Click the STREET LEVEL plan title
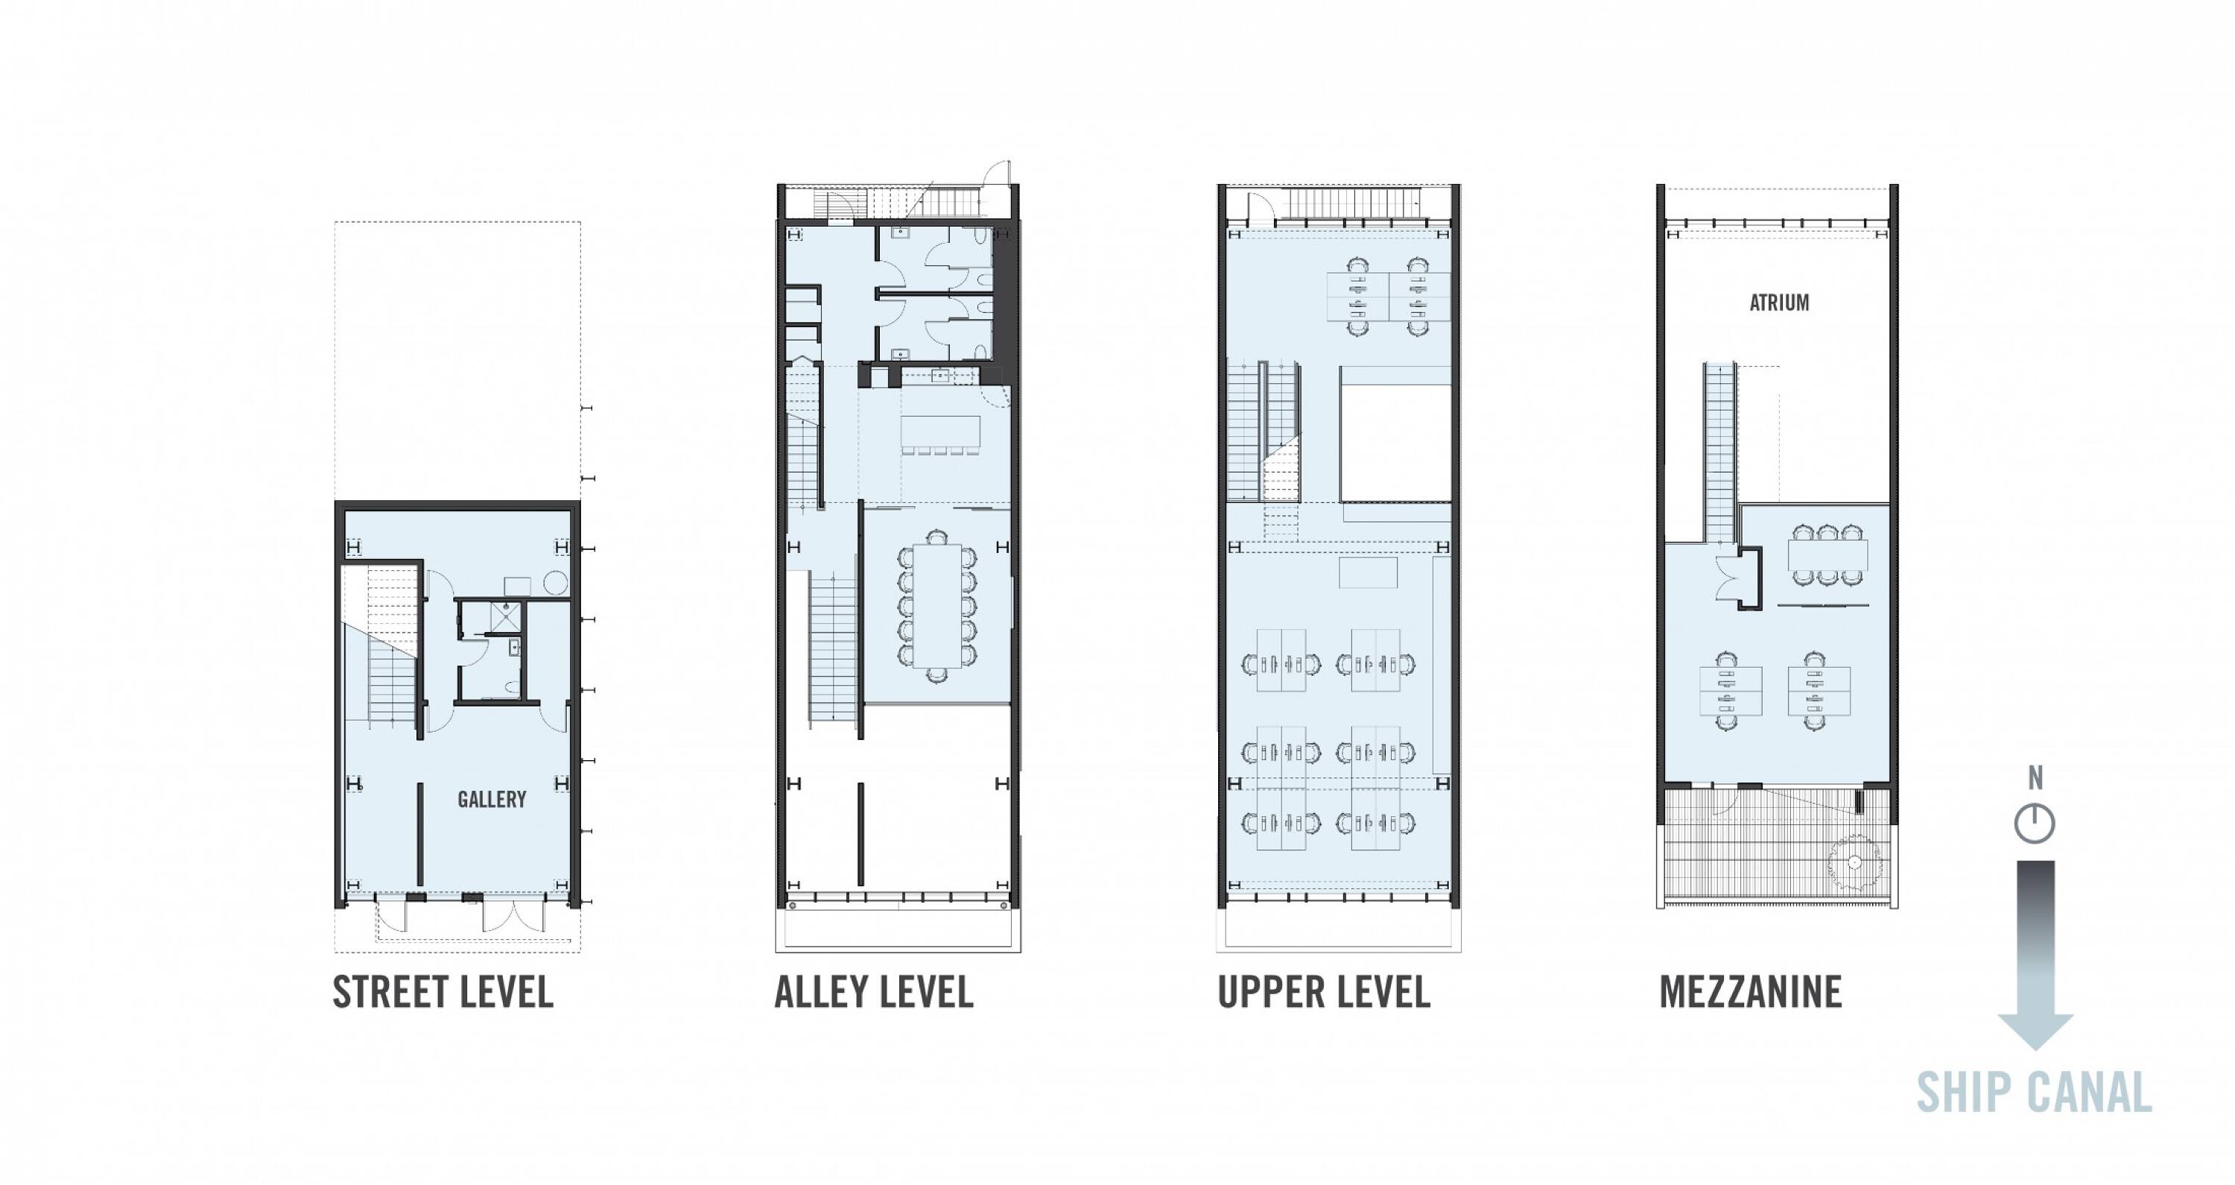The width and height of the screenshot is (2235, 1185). coord(443,992)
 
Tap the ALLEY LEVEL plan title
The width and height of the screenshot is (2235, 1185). coord(874,992)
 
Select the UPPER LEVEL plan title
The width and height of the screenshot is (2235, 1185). coord(1324,992)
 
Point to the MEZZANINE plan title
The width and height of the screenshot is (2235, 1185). coord(1751,992)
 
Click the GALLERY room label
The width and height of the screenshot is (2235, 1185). coord(492,800)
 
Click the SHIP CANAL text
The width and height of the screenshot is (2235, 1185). coord(2034,1093)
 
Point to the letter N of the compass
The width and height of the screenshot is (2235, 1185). coord(2035,779)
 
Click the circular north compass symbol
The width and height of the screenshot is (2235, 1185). coord(2035,824)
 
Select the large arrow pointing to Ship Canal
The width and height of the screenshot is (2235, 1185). coord(2035,955)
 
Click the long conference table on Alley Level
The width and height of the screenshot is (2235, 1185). coord(936,605)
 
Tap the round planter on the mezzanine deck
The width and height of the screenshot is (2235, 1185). coord(1854,862)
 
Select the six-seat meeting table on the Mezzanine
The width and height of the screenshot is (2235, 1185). coord(1828,554)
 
